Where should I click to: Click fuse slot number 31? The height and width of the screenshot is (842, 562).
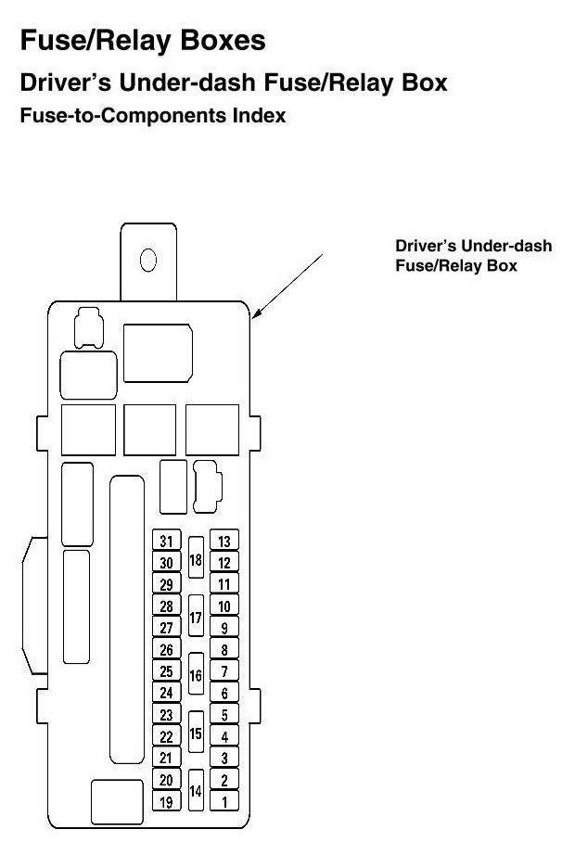[x=166, y=542]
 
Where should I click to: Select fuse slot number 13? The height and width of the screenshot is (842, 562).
[x=224, y=542]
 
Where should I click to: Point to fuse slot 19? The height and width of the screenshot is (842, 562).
[x=166, y=801]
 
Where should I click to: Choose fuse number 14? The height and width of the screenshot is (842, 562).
[x=196, y=791]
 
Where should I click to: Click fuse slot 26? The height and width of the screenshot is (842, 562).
[x=166, y=650]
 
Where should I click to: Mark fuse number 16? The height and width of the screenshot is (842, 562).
[x=196, y=674]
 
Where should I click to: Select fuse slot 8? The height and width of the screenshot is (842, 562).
[x=224, y=650]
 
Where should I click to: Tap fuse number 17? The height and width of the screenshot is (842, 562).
[x=196, y=617]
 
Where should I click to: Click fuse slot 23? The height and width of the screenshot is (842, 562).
[x=166, y=715]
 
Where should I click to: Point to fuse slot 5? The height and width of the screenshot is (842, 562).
[x=224, y=715]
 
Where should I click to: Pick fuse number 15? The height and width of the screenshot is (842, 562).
[x=196, y=733]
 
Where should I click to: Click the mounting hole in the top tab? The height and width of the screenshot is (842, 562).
[x=147, y=259]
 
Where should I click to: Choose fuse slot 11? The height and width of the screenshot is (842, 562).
[x=224, y=584]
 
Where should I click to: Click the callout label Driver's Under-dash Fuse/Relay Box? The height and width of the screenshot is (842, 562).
[x=473, y=256]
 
